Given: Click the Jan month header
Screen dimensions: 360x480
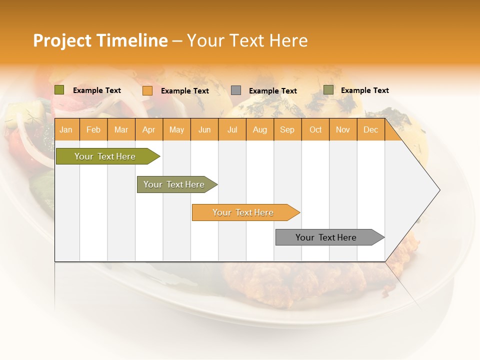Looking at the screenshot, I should point(66,129).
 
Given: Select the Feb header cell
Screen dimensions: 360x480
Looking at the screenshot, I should point(93,129).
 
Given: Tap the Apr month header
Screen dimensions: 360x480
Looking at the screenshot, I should point(149,129).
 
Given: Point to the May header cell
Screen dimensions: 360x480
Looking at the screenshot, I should point(176,129).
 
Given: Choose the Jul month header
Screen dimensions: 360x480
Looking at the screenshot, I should point(232,129).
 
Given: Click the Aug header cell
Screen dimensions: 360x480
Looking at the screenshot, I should point(260,129).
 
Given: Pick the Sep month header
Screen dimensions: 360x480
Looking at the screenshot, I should point(287,129).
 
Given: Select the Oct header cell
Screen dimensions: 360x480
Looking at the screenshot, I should point(315,129).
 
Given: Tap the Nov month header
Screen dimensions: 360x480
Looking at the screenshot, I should point(343,129).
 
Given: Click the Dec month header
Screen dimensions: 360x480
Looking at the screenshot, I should point(370,129).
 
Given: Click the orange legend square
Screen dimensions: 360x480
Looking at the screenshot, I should point(147,90).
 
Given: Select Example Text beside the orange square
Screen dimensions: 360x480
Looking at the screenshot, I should point(185,91).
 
